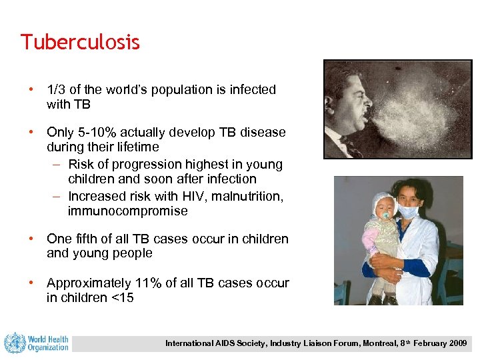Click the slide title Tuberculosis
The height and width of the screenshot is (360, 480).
pyautogui.click(x=80, y=42)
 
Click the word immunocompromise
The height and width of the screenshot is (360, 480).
pyautogui.click(x=127, y=211)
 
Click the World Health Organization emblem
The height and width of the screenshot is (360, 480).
pyautogui.click(x=14, y=343)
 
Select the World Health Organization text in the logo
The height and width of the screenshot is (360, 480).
pyautogui.click(x=48, y=343)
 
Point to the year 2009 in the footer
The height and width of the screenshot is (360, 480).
pyautogui.click(x=457, y=343)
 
